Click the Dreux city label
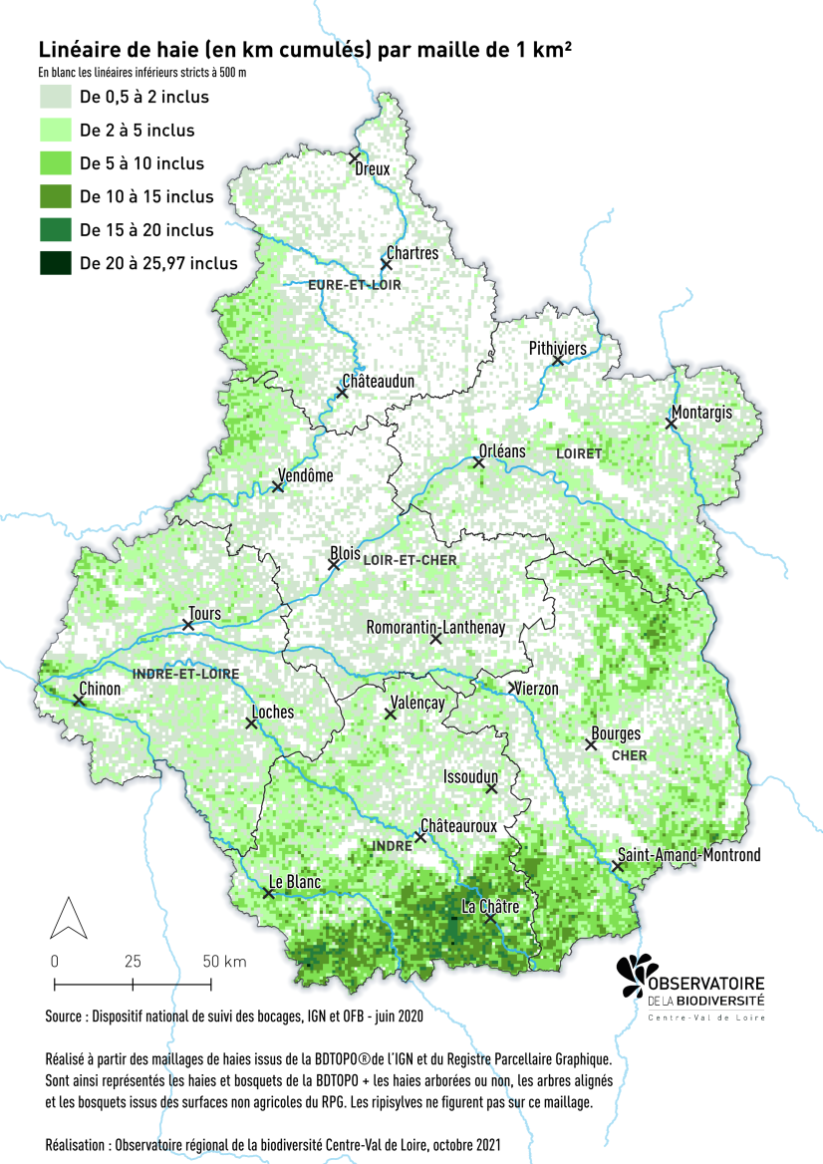(x=373, y=169)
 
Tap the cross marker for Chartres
(x=386, y=264)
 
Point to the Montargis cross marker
(x=671, y=424)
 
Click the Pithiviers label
(x=557, y=349)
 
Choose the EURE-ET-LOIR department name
(x=346, y=285)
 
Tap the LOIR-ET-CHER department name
(x=410, y=561)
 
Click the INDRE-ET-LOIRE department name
(x=185, y=675)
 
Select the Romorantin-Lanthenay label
(x=435, y=628)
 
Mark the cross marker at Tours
(x=188, y=625)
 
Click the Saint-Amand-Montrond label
(x=688, y=855)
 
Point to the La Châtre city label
(x=491, y=907)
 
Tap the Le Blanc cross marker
(x=268, y=894)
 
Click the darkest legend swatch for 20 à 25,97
(x=55, y=263)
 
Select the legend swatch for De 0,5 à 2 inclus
(x=55, y=97)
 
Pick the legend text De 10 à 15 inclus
(x=146, y=196)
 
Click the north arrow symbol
(x=66, y=918)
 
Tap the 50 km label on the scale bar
(x=224, y=962)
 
